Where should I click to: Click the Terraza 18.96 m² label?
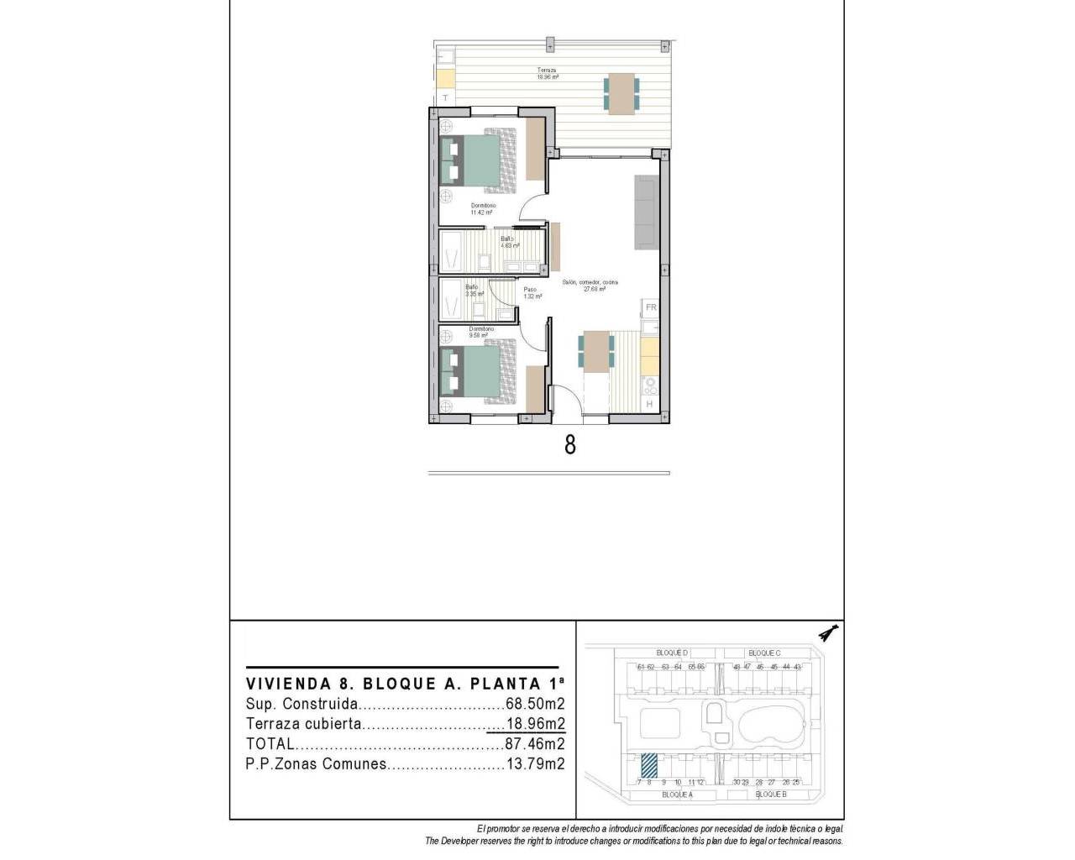[x=548, y=73]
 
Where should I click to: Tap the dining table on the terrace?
[x=621, y=93]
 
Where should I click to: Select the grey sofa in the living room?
[x=646, y=212]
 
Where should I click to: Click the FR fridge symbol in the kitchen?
[x=651, y=307]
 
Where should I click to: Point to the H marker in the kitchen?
[x=649, y=405]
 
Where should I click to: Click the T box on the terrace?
[x=444, y=97]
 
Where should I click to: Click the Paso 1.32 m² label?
[x=530, y=292]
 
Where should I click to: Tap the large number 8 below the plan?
[x=570, y=444]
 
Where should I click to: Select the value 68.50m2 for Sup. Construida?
[x=534, y=704]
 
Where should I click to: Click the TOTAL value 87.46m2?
[x=534, y=743]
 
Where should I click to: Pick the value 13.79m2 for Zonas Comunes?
[x=534, y=763]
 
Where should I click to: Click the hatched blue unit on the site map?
[x=649, y=766]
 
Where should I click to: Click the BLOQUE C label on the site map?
[x=764, y=653]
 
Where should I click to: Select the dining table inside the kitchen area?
[x=596, y=350]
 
